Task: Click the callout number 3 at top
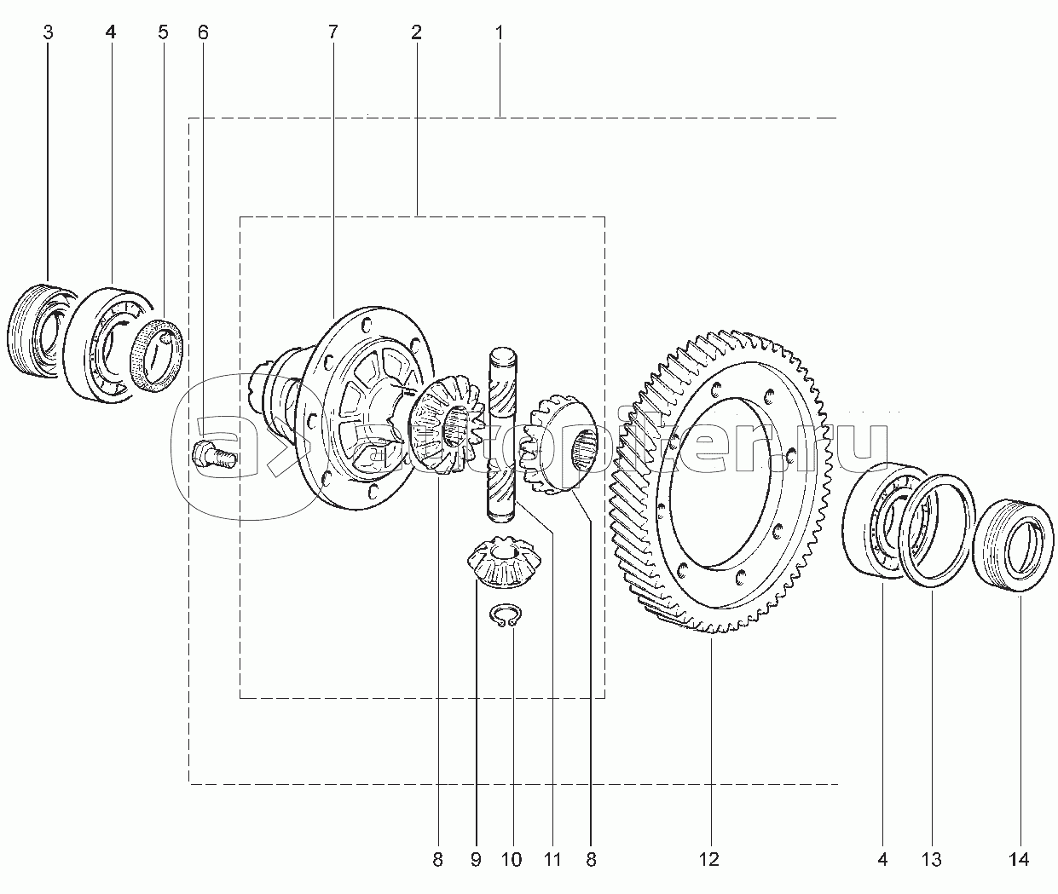point(48,33)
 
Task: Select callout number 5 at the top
point(163,33)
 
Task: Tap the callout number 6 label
point(202,33)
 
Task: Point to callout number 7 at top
point(332,33)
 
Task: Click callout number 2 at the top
point(415,33)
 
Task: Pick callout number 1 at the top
point(499,33)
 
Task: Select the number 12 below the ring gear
point(709,859)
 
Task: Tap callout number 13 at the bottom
point(931,859)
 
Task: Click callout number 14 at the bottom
point(1020,859)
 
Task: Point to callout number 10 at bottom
point(512,859)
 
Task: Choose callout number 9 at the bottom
point(475,859)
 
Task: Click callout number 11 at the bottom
point(552,859)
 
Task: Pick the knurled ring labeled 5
point(159,351)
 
